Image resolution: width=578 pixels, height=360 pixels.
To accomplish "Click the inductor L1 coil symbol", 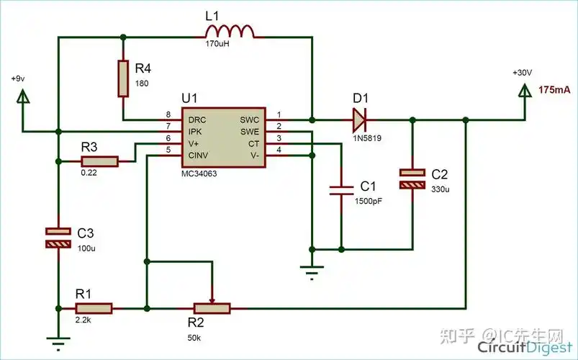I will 230,31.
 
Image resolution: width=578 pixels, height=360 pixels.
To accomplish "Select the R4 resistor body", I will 123,77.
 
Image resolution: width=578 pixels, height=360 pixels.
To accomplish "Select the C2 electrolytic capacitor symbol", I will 412,179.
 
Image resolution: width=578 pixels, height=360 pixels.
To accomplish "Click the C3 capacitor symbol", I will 58,238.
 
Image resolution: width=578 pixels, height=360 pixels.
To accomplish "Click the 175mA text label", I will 554,90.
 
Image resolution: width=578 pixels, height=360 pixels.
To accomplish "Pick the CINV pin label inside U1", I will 200,154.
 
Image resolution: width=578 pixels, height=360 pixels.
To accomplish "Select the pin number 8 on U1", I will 168,115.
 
